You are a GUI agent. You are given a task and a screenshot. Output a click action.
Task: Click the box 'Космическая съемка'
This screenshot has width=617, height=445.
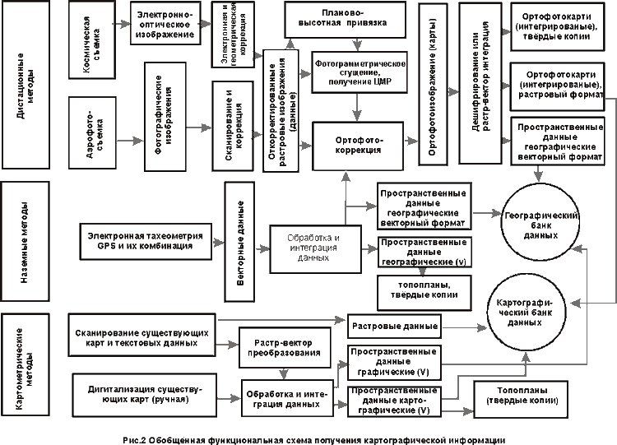[98, 49]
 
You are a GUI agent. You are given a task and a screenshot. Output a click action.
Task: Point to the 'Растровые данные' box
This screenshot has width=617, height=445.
[392, 325]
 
